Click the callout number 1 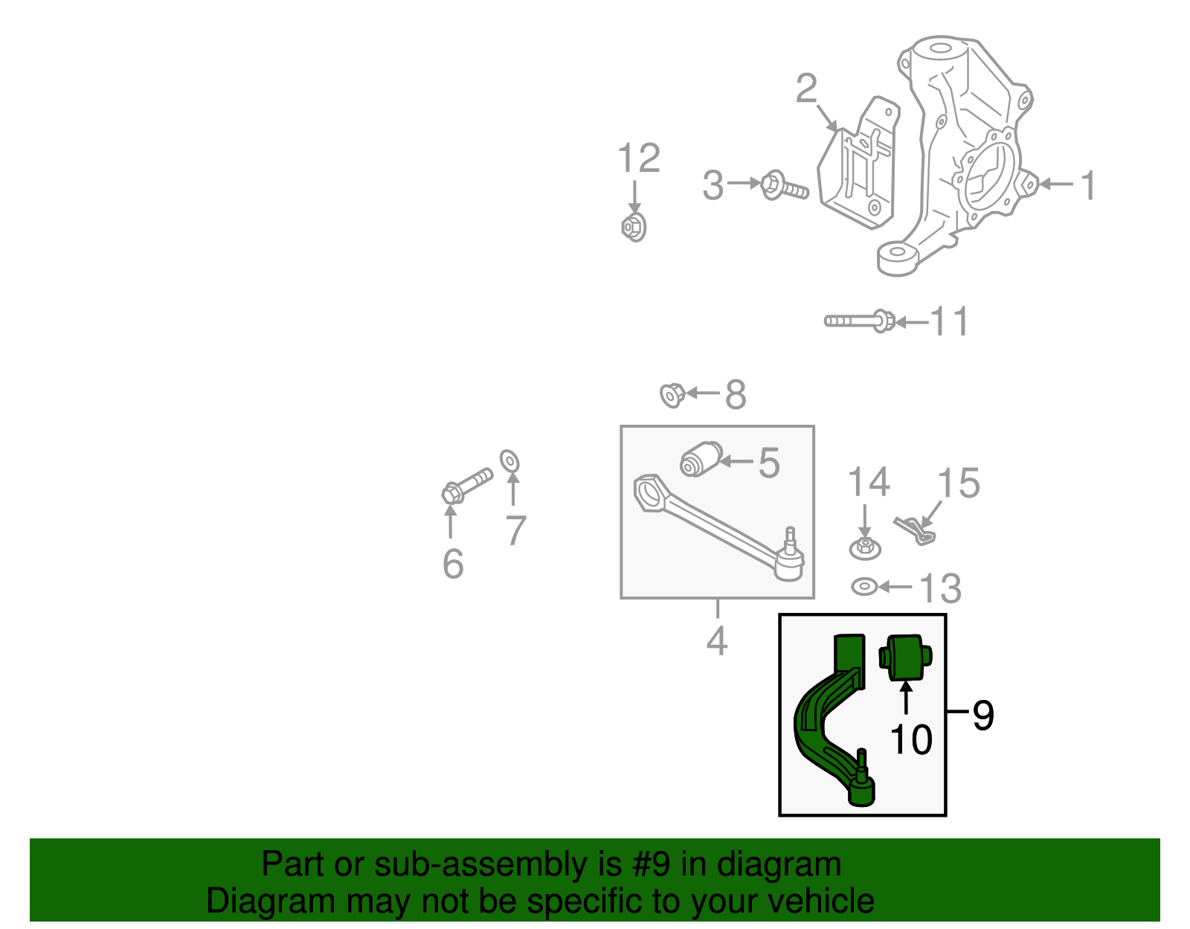click(x=1088, y=185)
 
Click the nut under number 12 click(x=634, y=226)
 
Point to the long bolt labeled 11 click(x=859, y=321)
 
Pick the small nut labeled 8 click(x=672, y=394)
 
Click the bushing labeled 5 click(x=701, y=458)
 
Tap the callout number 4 click(x=716, y=640)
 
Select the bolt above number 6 click(x=466, y=485)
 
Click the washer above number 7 click(x=509, y=461)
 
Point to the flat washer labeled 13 click(x=863, y=587)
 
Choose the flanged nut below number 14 click(x=865, y=548)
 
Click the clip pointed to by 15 click(x=915, y=530)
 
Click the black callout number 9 click(x=982, y=716)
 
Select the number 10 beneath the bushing click(x=910, y=739)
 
